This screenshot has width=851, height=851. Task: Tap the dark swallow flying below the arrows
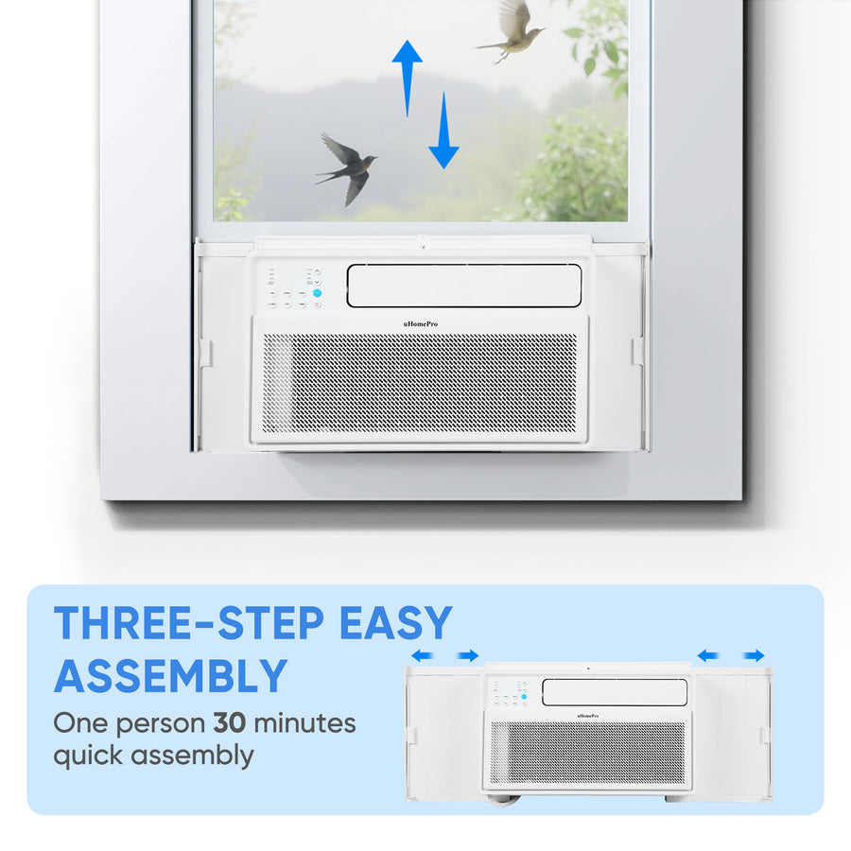[x=348, y=167]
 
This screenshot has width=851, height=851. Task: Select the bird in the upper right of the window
[x=513, y=31]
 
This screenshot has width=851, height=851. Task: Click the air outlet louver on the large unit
[x=463, y=286]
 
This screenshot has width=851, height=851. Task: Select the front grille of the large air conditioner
[x=420, y=383]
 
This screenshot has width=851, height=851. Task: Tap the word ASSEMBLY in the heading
[x=170, y=676]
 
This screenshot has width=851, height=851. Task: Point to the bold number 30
[x=232, y=724]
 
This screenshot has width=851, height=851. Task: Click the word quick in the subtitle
[x=89, y=755]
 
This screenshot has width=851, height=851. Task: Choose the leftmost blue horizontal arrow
[x=422, y=655]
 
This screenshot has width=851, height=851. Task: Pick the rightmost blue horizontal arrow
[x=754, y=655]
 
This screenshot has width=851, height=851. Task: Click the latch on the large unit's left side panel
[x=206, y=354]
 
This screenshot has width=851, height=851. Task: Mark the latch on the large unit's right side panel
[x=637, y=351]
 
